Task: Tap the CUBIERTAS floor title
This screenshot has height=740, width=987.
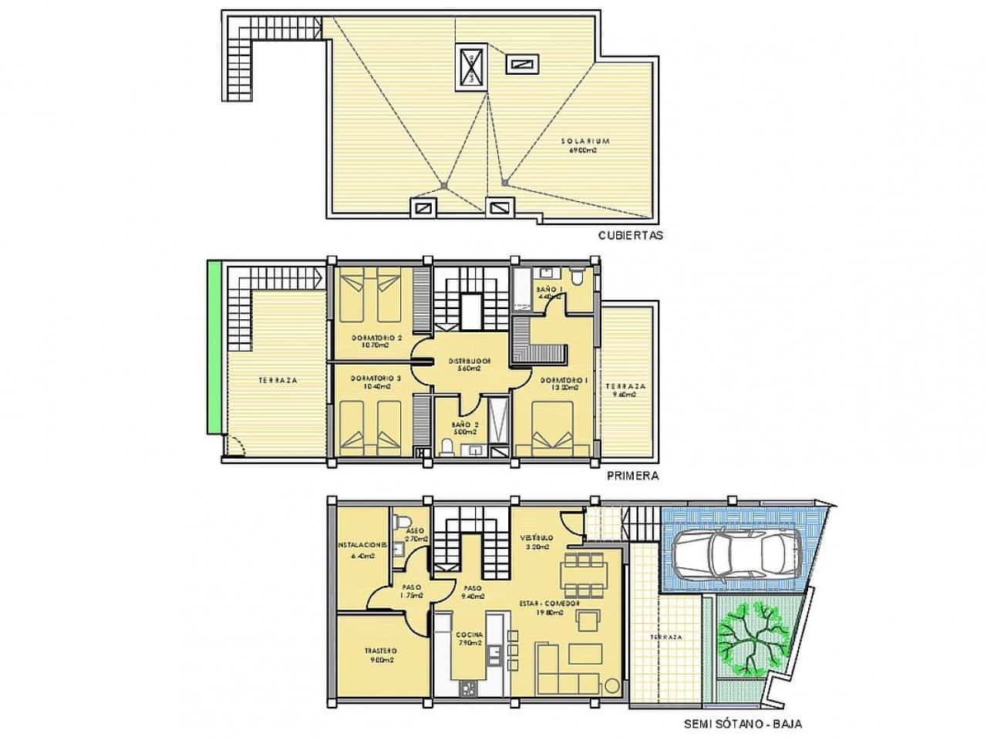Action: (x=630, y=236)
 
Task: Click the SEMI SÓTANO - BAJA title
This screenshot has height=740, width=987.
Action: (x=736, y=724)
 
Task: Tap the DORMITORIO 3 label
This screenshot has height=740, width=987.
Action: (x=376, y=378)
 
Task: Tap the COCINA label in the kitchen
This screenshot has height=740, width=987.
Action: (x=469, y=635)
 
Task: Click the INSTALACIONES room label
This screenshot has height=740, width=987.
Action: (x=362, y=544)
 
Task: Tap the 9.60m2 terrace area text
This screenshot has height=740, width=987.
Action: (x=625, y=395)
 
